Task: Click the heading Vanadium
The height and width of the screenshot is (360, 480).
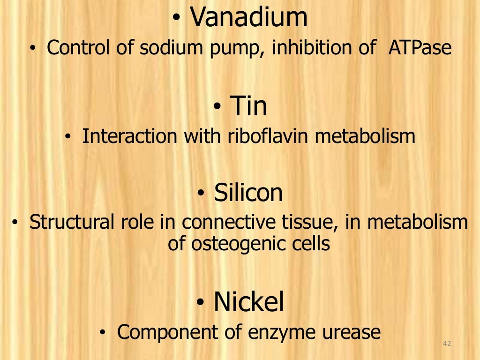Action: [249, 18]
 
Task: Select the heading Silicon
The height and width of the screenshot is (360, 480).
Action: [248, 193]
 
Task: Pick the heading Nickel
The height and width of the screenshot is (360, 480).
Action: [249, 302]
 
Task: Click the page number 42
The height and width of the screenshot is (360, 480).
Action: [446, 345]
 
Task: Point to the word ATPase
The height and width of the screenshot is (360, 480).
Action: [420, 48]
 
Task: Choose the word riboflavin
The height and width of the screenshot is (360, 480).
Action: [270, 136]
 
